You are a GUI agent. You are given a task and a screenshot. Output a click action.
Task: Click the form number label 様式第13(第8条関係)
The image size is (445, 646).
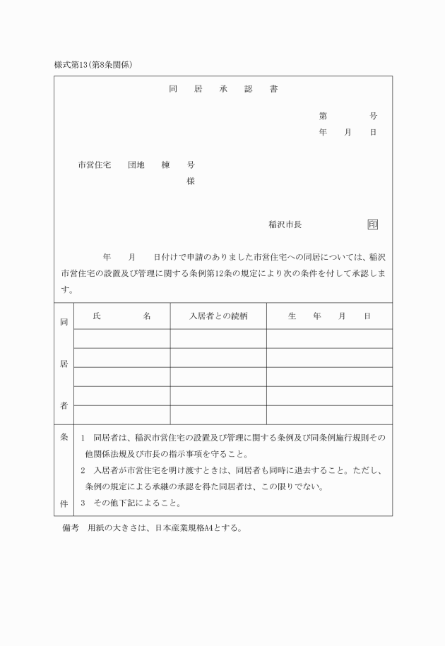pyautogui.click(x=94, y=65)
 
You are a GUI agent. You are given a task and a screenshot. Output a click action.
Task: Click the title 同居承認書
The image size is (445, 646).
pyautogui.click(x=222, y=90)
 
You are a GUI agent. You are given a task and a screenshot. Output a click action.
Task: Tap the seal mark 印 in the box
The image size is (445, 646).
pyautogui.click(x=372, y=225)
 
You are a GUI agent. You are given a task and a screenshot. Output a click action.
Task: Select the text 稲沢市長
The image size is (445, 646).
pyautogui.click(x=285, y=225)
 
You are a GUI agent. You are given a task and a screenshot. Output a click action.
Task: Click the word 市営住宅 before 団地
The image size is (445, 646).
pyautogui.click(x=94, y=165)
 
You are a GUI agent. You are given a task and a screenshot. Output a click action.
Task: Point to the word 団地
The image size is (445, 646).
pyautogui.click(x=136, y=165)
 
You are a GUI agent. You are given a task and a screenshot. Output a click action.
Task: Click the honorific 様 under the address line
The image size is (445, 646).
pyautogui.click(x=191, y=181)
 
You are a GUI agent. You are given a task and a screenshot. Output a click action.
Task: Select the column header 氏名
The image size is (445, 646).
pyautogui.click(x=121, y=316)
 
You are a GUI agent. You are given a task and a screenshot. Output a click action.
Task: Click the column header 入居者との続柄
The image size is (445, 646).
pyautogui.click(x=218, y=316)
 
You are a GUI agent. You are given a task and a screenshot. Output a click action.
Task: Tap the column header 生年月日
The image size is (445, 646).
pyautogui.click(x=329, y=316)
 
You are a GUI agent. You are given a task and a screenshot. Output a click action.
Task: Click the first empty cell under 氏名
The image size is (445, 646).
pyautogui.click(x=121, y=338)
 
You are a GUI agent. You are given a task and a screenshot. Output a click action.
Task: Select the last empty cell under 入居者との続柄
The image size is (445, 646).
pyautogui.click(x=218, y=414)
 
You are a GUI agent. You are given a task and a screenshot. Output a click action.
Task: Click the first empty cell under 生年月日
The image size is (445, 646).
pyautogui.click(x=329, y=338)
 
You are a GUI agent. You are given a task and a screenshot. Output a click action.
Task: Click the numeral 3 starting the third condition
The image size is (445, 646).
pyautogui.click(x=83, y=503)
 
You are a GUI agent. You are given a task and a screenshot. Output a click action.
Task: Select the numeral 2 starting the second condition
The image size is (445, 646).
pyautogui.click(x=83, y=470)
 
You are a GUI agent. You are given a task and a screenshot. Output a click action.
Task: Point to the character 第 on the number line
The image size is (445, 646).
pyautogui.click(x=322, y=116)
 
